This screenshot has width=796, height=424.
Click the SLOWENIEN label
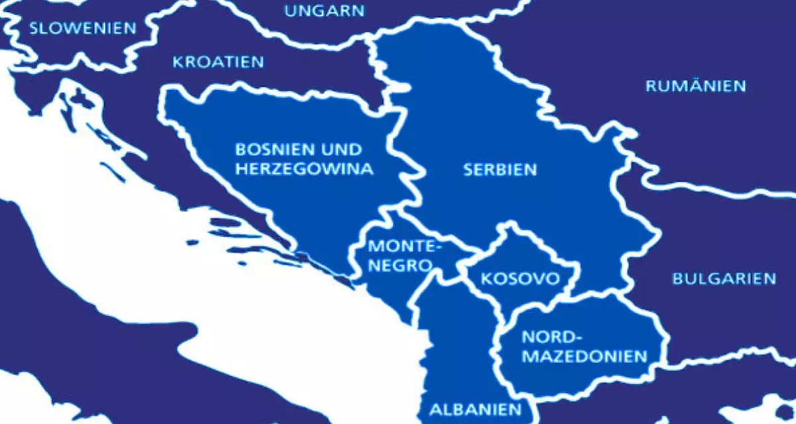click(82, 28)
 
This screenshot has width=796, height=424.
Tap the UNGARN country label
click(324, 11)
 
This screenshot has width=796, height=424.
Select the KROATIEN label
click(218, 62)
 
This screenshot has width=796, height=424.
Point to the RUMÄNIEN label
click(696, 86)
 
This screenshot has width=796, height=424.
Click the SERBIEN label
click(500, 170)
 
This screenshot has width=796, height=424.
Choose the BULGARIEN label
click(724, 278)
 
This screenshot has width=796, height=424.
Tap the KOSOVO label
click(519, 278)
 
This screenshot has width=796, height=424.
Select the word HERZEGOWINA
click(304, 170)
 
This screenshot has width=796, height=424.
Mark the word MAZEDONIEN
click(584, 356)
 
